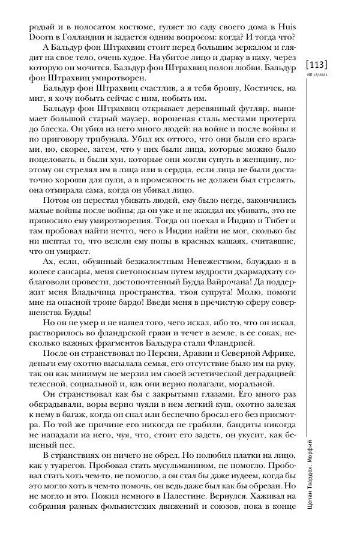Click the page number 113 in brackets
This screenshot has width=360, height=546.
point(317,64)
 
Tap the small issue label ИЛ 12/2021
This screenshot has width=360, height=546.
point(317,75)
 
